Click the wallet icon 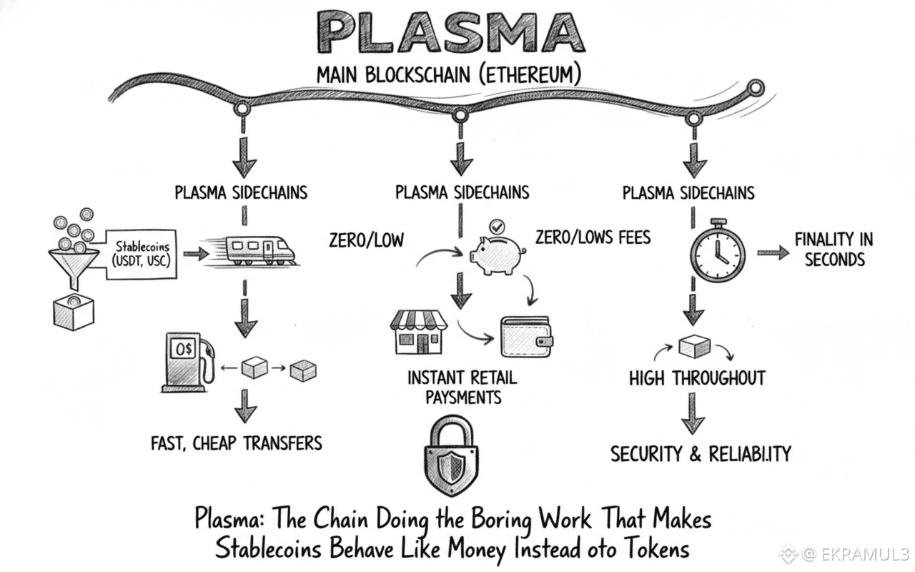point(527,336)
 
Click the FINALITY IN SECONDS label point(834,249)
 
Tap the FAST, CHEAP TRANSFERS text point(237,443)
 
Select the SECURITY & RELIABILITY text point(700,453)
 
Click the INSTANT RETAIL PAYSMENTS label point(462,386)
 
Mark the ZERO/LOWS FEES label point(593,237)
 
